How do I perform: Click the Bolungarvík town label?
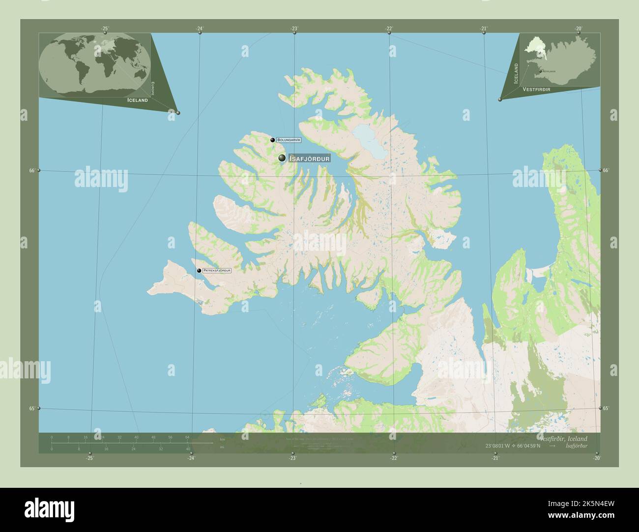click(x=289, y=140)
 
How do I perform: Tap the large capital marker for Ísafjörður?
click(x=282, y=158)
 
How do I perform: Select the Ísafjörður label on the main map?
click(x=309, y=159)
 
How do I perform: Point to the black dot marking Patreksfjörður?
click(x=199, y=270)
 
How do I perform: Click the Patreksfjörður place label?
click(x=217, y=270)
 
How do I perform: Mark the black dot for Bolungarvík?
click(x=272, y=140)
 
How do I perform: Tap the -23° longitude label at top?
click(x=294, y=28)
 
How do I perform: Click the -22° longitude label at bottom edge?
click(x=394, y=458)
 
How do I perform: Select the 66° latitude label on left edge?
click(x=31, y=170)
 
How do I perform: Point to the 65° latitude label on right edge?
click(x=606, y=408)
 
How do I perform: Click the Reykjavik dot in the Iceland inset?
click(x=540, y=72)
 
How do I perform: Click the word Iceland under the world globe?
click(x=137, y=100)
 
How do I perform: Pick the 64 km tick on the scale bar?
click(x=188, y=437)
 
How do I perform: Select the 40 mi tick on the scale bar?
click(x=188, y=449)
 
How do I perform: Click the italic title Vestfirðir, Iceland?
click(x=562, y=438)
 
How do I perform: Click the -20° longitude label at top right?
click(x=579, y=28)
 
